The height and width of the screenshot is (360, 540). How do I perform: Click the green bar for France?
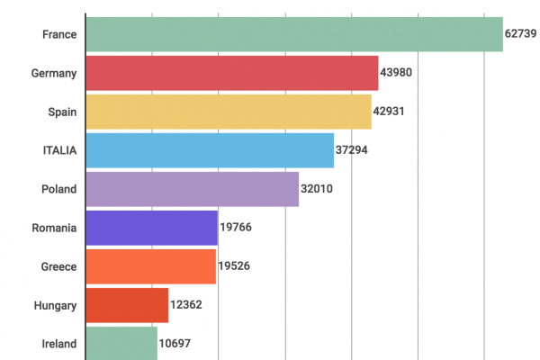pyautogui.click(x=293, y=34)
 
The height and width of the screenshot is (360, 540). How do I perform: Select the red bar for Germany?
pyautogui.click(x=231, y=73)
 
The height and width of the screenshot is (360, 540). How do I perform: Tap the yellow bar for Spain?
pyautogui.click(x=228, y=112)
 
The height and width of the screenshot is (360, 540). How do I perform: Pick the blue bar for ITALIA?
pyautogui.click(x=209, y=150)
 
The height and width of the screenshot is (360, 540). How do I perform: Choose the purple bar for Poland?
pyautogui.click(x=192, y=189)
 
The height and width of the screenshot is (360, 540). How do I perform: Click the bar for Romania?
pyautogui.click(x=151, y=228)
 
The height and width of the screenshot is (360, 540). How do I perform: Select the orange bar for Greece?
pyautogui.click(x=150, y=266)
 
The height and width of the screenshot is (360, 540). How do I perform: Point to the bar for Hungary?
pyautogui.click(x=126, y=305)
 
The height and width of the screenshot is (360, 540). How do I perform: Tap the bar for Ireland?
pyautogui.click(x=121, y=343)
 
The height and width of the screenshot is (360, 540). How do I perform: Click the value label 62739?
pyautogui.click(x=521, y=34)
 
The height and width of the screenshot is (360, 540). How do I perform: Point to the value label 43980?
pyautogui.click(x=396, y=73)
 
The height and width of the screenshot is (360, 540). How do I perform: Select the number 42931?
pyautogui.click(x=390, y=112)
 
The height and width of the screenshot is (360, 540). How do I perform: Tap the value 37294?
pyautogui.click(x=352, y=150)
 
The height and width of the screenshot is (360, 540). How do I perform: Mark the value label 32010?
pyautogui.click(x=317, y=189)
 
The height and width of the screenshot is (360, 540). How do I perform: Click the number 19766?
pyautogui.click(x=236, y=228)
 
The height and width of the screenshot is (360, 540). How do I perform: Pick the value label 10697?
pyautogui.click(x=175, y=344)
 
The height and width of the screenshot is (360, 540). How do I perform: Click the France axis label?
pyautogui.click(x=58, y=34)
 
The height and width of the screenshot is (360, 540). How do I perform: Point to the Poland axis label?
pyautogui.click(x=58, y=189)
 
